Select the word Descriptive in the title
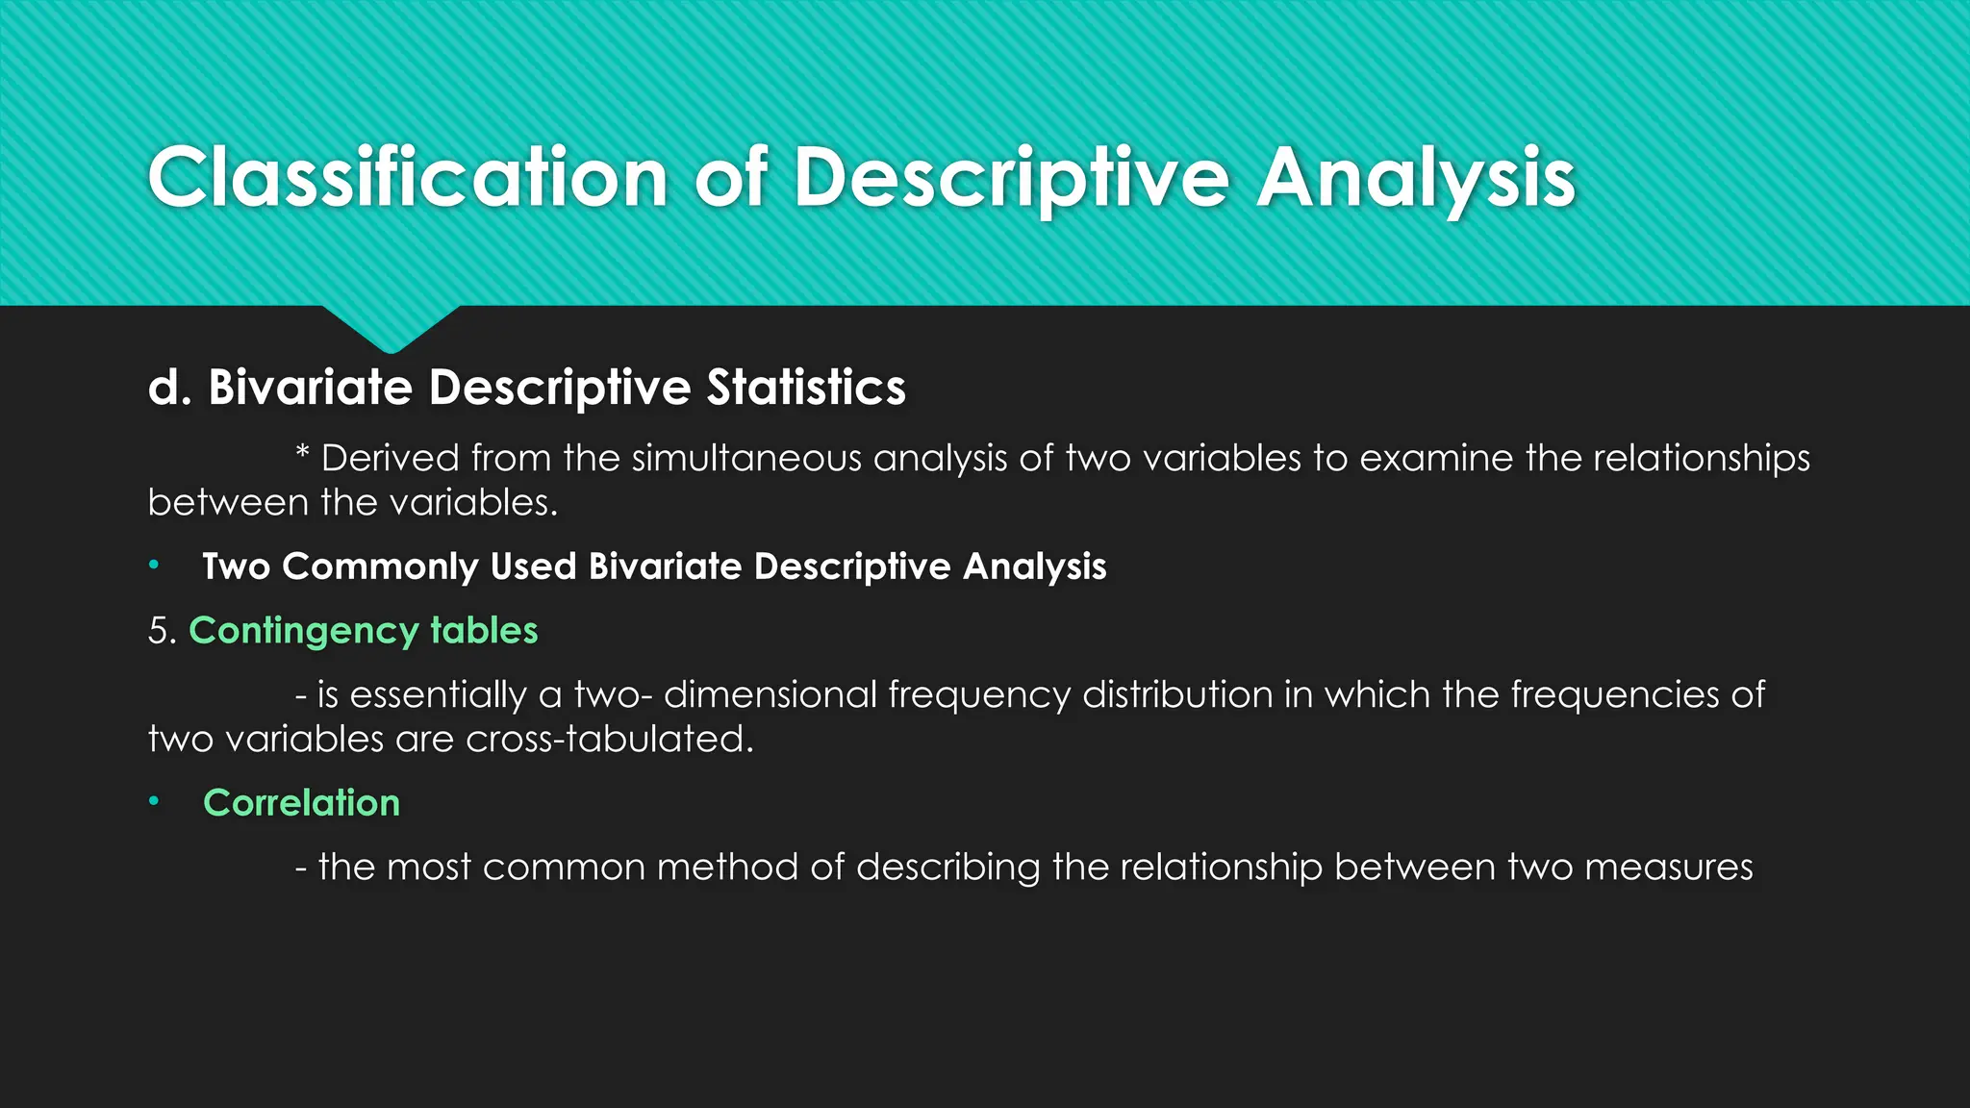tap(1010, 179)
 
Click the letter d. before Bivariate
tap(170, 388)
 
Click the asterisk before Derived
tap(302, 456)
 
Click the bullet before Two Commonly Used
tap(154, 566)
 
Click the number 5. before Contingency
tap(162, 631)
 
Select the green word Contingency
tap(303, 632)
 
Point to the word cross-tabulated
tap(610, 740)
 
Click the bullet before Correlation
tap(154, 802)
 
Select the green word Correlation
tap(301, 803)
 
